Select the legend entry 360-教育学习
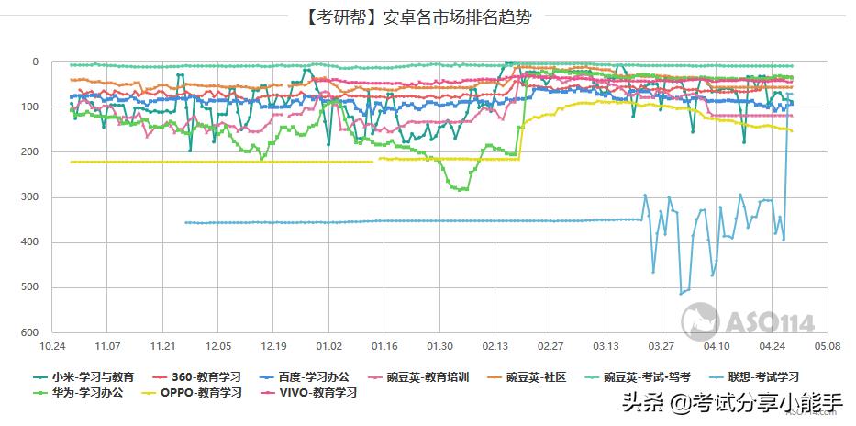pos(203,376)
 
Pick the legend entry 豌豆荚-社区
pos(536,376)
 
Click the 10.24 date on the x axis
pos(53,347)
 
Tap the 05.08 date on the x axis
pos(826,347)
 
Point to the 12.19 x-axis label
pos(273,347)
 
